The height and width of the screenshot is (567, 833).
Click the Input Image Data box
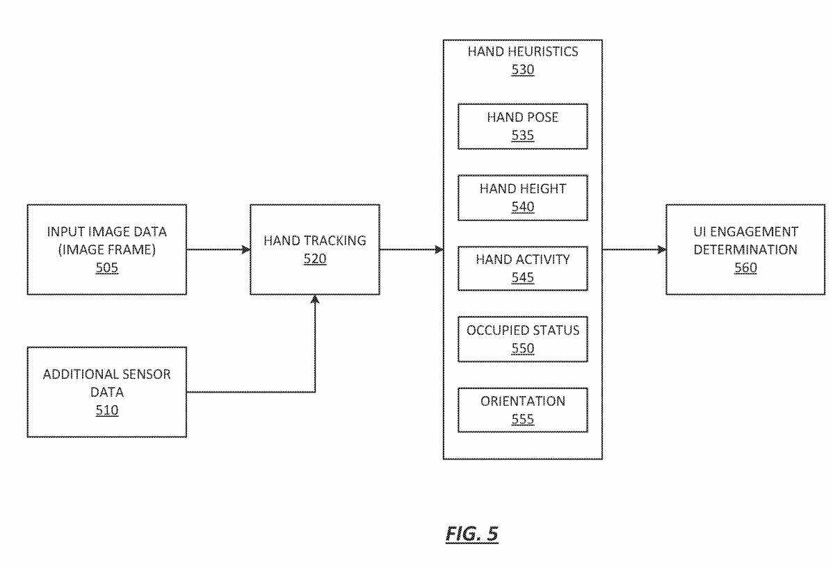pos(107,249)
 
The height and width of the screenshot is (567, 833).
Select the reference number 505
pos(107,268)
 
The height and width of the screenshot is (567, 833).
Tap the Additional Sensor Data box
pos(107,392)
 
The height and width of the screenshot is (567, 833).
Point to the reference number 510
pos(107,411)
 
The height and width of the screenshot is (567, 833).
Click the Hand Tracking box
pos(314,249)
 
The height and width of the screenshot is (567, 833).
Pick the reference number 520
pos(314,259)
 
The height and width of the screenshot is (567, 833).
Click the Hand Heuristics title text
pos(523,52)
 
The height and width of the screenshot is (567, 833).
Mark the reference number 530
pos(523,69)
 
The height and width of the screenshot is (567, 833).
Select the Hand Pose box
pos(523,126)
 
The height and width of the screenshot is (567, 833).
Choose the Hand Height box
pos(523,197)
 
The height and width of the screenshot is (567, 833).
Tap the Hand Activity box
pos(523,268)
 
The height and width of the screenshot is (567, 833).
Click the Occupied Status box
pos(523,339)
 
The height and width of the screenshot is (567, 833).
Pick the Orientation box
pos(523,410)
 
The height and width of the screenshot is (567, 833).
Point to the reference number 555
pos(523,419)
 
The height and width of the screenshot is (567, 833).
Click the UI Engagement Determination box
pos(745,249)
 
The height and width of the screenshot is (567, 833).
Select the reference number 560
pos(745,268)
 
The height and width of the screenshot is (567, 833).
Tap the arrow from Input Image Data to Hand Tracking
pos(218,249)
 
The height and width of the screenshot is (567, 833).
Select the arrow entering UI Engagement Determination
pos(634,249)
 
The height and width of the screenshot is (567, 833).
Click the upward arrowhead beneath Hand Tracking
pos(315,299)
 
